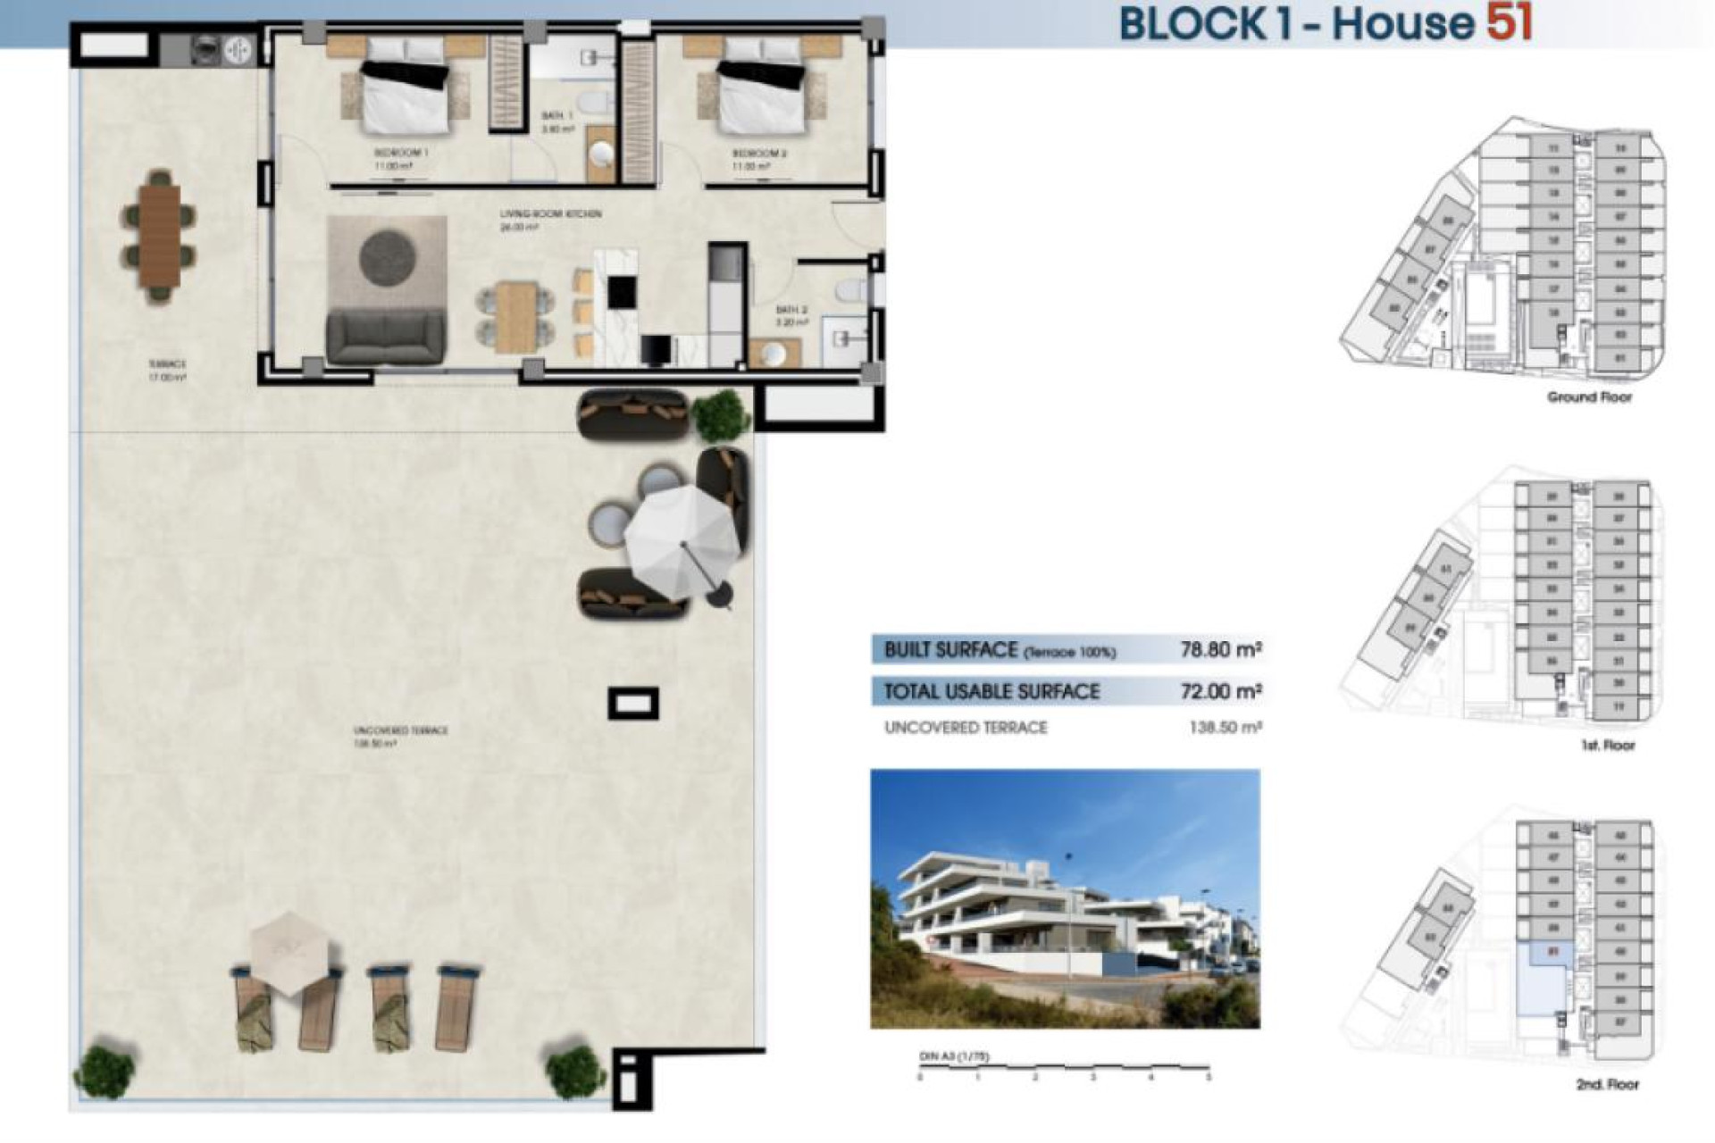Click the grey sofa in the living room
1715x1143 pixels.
(386, 336)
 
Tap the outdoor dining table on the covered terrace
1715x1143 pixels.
(160, 237)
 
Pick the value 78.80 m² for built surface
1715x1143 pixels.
(1220, 649)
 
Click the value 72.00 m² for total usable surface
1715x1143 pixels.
(1220, 691)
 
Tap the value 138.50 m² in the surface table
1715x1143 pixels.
(1225, 728)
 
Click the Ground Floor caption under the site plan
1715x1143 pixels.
(1589, 396)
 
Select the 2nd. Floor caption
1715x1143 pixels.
(1607, 1084)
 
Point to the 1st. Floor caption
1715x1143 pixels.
(1607, 745)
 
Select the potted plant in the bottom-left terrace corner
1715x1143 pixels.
(104, 1071)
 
